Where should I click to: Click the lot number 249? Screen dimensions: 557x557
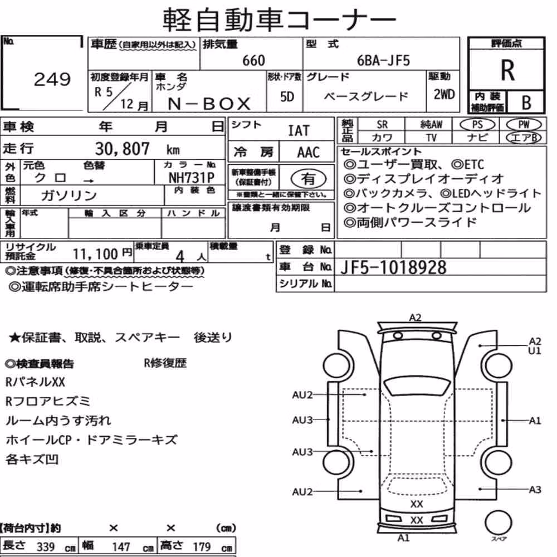[52, 79]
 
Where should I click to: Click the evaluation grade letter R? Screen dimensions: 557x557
[507, 70]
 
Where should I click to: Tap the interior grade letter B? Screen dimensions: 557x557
[526, 102]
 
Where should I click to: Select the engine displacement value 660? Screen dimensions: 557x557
[253, 61]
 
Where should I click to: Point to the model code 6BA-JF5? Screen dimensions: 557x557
[383, 61]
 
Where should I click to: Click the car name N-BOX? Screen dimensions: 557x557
[209, 104]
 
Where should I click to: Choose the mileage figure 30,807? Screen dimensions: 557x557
[122, 149]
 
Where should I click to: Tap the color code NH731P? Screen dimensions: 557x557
[192, 178]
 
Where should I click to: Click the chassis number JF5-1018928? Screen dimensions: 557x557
[393, 267]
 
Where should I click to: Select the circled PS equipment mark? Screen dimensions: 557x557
[477, 125]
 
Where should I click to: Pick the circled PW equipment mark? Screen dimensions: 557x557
[524, 125]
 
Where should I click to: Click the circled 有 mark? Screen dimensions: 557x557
[309, 178]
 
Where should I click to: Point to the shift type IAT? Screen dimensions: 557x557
[299, 131]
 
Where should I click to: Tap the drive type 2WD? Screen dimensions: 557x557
[444, 95]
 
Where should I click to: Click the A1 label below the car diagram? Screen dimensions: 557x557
[403, 538]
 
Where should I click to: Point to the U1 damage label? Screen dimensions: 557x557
[535, 351]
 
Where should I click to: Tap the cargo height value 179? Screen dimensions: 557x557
[202, 547]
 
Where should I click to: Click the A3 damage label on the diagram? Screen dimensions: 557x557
[535, 490]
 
